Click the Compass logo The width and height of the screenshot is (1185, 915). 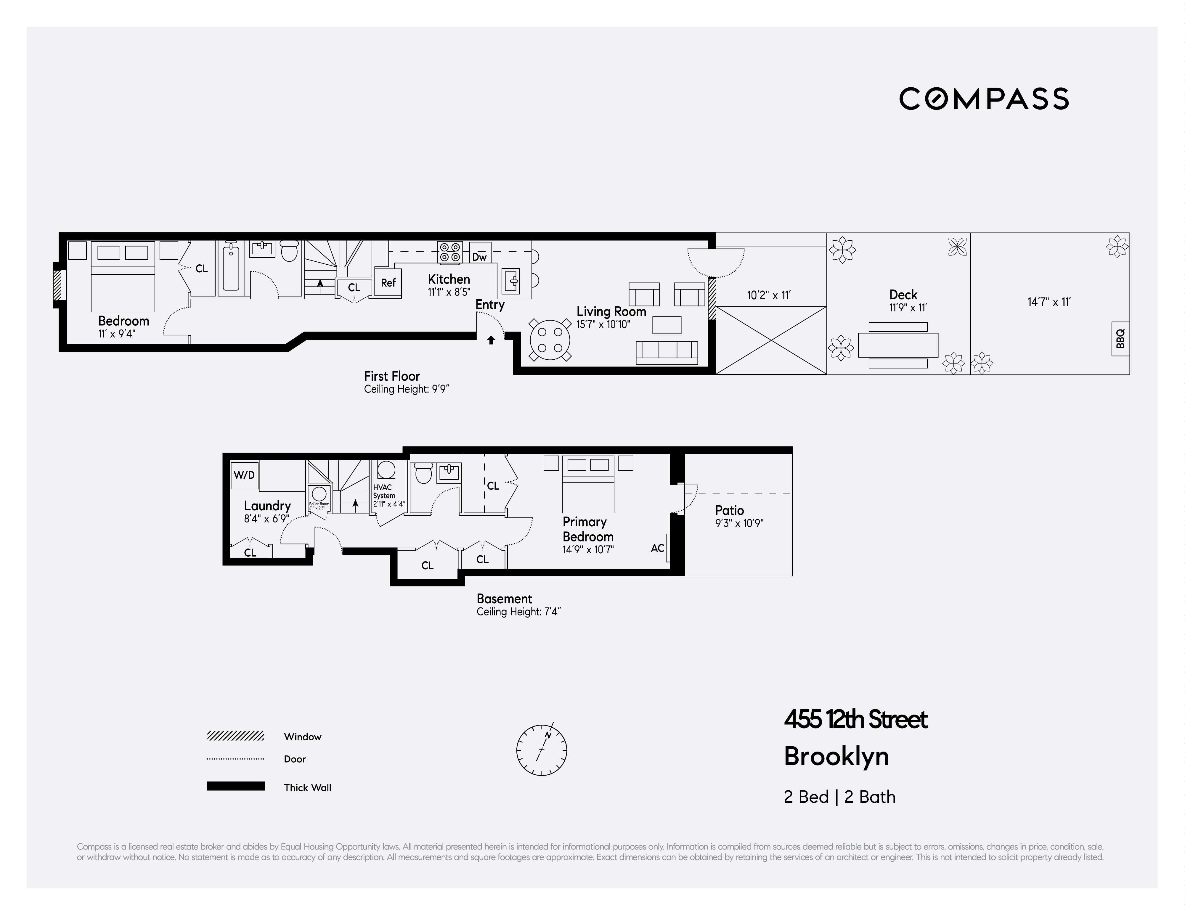point(984,99)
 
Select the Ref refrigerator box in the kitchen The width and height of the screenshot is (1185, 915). point(388,283)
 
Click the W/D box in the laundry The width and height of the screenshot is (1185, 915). point(244,475)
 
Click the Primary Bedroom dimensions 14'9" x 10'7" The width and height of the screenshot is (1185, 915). point(588,549)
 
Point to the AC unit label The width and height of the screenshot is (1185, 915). point(657,548)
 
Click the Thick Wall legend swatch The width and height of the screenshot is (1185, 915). point(235,786)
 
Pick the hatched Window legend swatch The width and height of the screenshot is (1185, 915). point(235,736)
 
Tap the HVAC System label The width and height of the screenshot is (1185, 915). point(384,491)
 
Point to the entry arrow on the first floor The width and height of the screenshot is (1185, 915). point(491,340)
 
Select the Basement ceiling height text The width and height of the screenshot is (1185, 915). point(518,612)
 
